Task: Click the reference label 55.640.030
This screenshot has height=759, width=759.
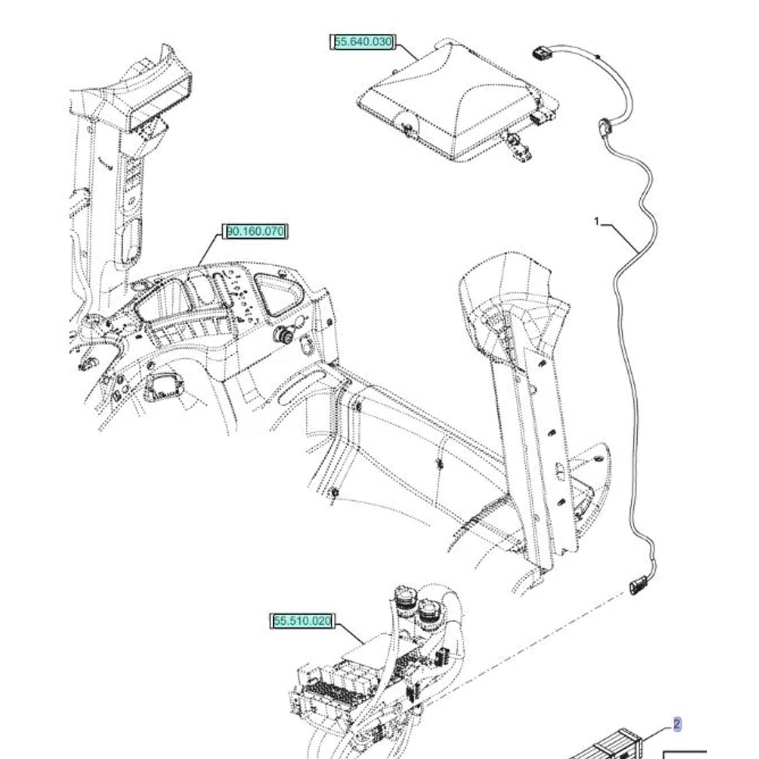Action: pyautogui.click(x=363, y=43)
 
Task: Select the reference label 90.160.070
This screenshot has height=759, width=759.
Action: pyautogui.click(x=255, y=232)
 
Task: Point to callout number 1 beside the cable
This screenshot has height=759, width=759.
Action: pyautogui.click(x=597, y=221)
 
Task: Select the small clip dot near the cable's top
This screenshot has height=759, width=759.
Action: pyautogui.click(x=598, y=58)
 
